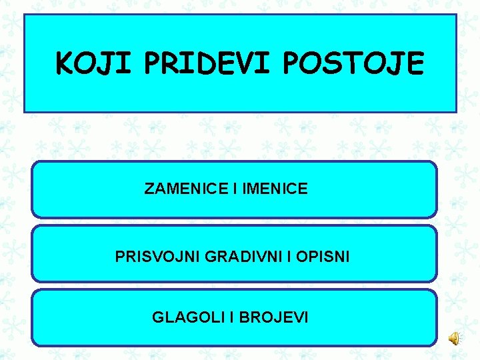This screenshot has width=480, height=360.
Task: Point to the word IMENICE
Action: tap(275, 189)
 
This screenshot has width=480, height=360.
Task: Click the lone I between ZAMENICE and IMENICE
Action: tap(235, 189)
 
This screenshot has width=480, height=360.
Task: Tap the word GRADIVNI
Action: tap(228, 256)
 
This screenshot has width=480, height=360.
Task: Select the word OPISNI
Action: tap(324, 256)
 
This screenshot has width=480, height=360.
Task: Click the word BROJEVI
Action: tap(275, 317)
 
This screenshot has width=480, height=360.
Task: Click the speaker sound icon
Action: tap(454, 339)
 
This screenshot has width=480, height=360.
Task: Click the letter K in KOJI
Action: tap(65, 64)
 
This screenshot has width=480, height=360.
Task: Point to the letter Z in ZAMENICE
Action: tap(149, 189)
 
